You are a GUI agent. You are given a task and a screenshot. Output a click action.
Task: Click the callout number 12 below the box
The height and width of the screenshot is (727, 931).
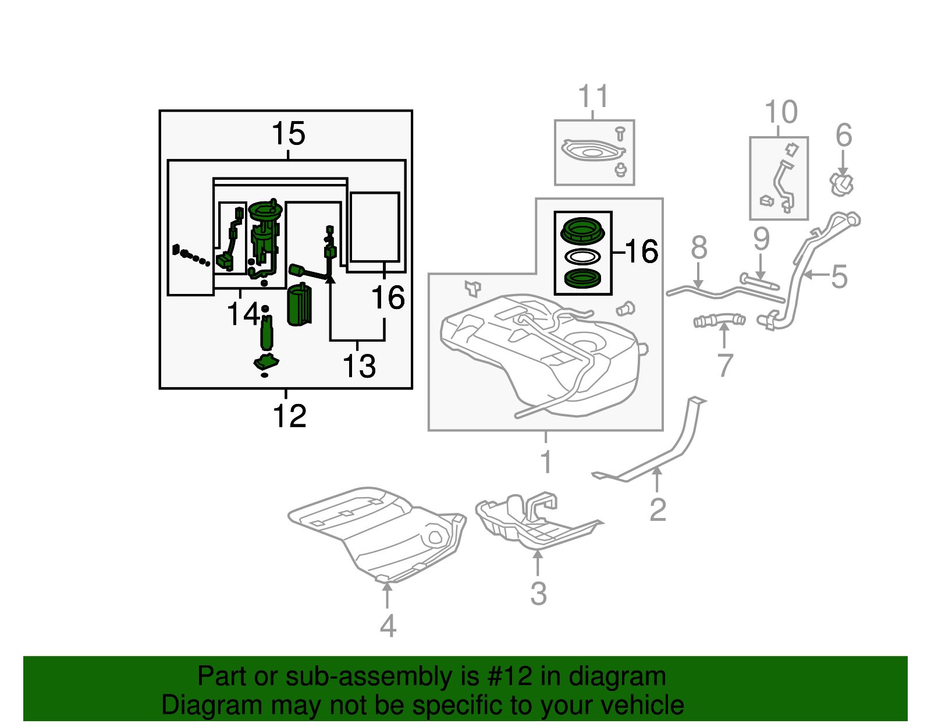pos(289,416)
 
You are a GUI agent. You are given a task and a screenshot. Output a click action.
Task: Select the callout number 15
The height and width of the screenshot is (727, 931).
pos(288,134)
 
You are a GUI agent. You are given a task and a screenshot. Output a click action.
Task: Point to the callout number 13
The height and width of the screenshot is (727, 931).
pos(359,367)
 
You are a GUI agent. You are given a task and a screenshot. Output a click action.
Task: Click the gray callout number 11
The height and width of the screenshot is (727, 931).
pos(594,97)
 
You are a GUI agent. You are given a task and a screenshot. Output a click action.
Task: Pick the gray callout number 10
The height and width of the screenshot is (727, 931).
pos(780,112)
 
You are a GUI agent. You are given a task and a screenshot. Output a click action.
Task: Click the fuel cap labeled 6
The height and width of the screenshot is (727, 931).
pos(842,185)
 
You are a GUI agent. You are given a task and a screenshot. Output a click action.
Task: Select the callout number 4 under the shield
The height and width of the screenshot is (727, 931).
pos(388,626)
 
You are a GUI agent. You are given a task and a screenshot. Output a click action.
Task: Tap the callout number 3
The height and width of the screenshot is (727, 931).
pos(538,594)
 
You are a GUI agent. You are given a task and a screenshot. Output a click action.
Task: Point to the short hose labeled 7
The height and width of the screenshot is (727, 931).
pos(720,320)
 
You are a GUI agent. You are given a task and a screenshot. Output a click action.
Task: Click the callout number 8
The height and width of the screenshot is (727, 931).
pos(699,248)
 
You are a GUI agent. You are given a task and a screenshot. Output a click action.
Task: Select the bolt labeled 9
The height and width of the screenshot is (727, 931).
pos(759,282)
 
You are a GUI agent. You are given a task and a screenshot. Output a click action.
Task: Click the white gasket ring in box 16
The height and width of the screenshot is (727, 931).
pos(583,256)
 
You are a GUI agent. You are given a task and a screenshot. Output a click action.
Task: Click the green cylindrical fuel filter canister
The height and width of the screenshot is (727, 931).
pos(299,306)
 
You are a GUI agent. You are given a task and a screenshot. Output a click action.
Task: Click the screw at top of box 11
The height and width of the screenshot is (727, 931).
pos(620,133)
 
